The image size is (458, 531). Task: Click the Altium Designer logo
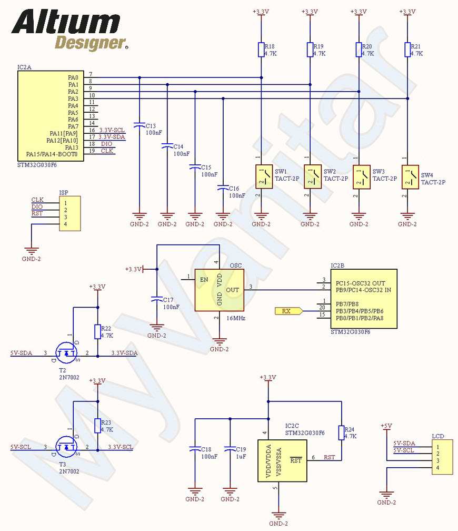[69, 30]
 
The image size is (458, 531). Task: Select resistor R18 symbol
[261, 50]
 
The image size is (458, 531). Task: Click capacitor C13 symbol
[140, 125]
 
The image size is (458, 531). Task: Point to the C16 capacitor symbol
[223, 188]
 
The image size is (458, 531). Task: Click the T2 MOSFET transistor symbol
[67, 352]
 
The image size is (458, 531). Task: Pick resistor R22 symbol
[97, 331]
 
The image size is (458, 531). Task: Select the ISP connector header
[69, 213]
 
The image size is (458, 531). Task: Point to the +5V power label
[386, 426]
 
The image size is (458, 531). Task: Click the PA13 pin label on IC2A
[72, 147]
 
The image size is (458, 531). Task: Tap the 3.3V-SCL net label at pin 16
[112, 130]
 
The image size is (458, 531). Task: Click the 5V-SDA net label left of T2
[22, 353]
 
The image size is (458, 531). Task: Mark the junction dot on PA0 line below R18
[261, 77]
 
